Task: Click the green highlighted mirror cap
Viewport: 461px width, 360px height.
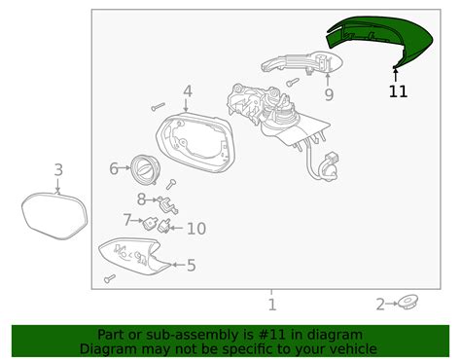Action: point(380,44)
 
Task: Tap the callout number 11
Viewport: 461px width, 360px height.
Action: point(398,91)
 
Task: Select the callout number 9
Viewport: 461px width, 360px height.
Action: point(329,94)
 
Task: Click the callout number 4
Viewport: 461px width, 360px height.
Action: point(187,93)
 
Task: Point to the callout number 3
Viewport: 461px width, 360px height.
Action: point(58,171)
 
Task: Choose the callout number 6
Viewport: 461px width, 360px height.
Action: point(114,168)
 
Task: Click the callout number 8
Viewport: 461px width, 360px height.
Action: point(141,199)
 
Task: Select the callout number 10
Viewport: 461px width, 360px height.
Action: point(195,229)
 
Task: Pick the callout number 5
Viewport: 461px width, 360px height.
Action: point(191,265)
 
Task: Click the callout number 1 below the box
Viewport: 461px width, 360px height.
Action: point(272,304)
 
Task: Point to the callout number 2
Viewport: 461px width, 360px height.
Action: point(380,306)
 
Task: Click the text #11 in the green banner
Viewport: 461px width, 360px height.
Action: point(267,334)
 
